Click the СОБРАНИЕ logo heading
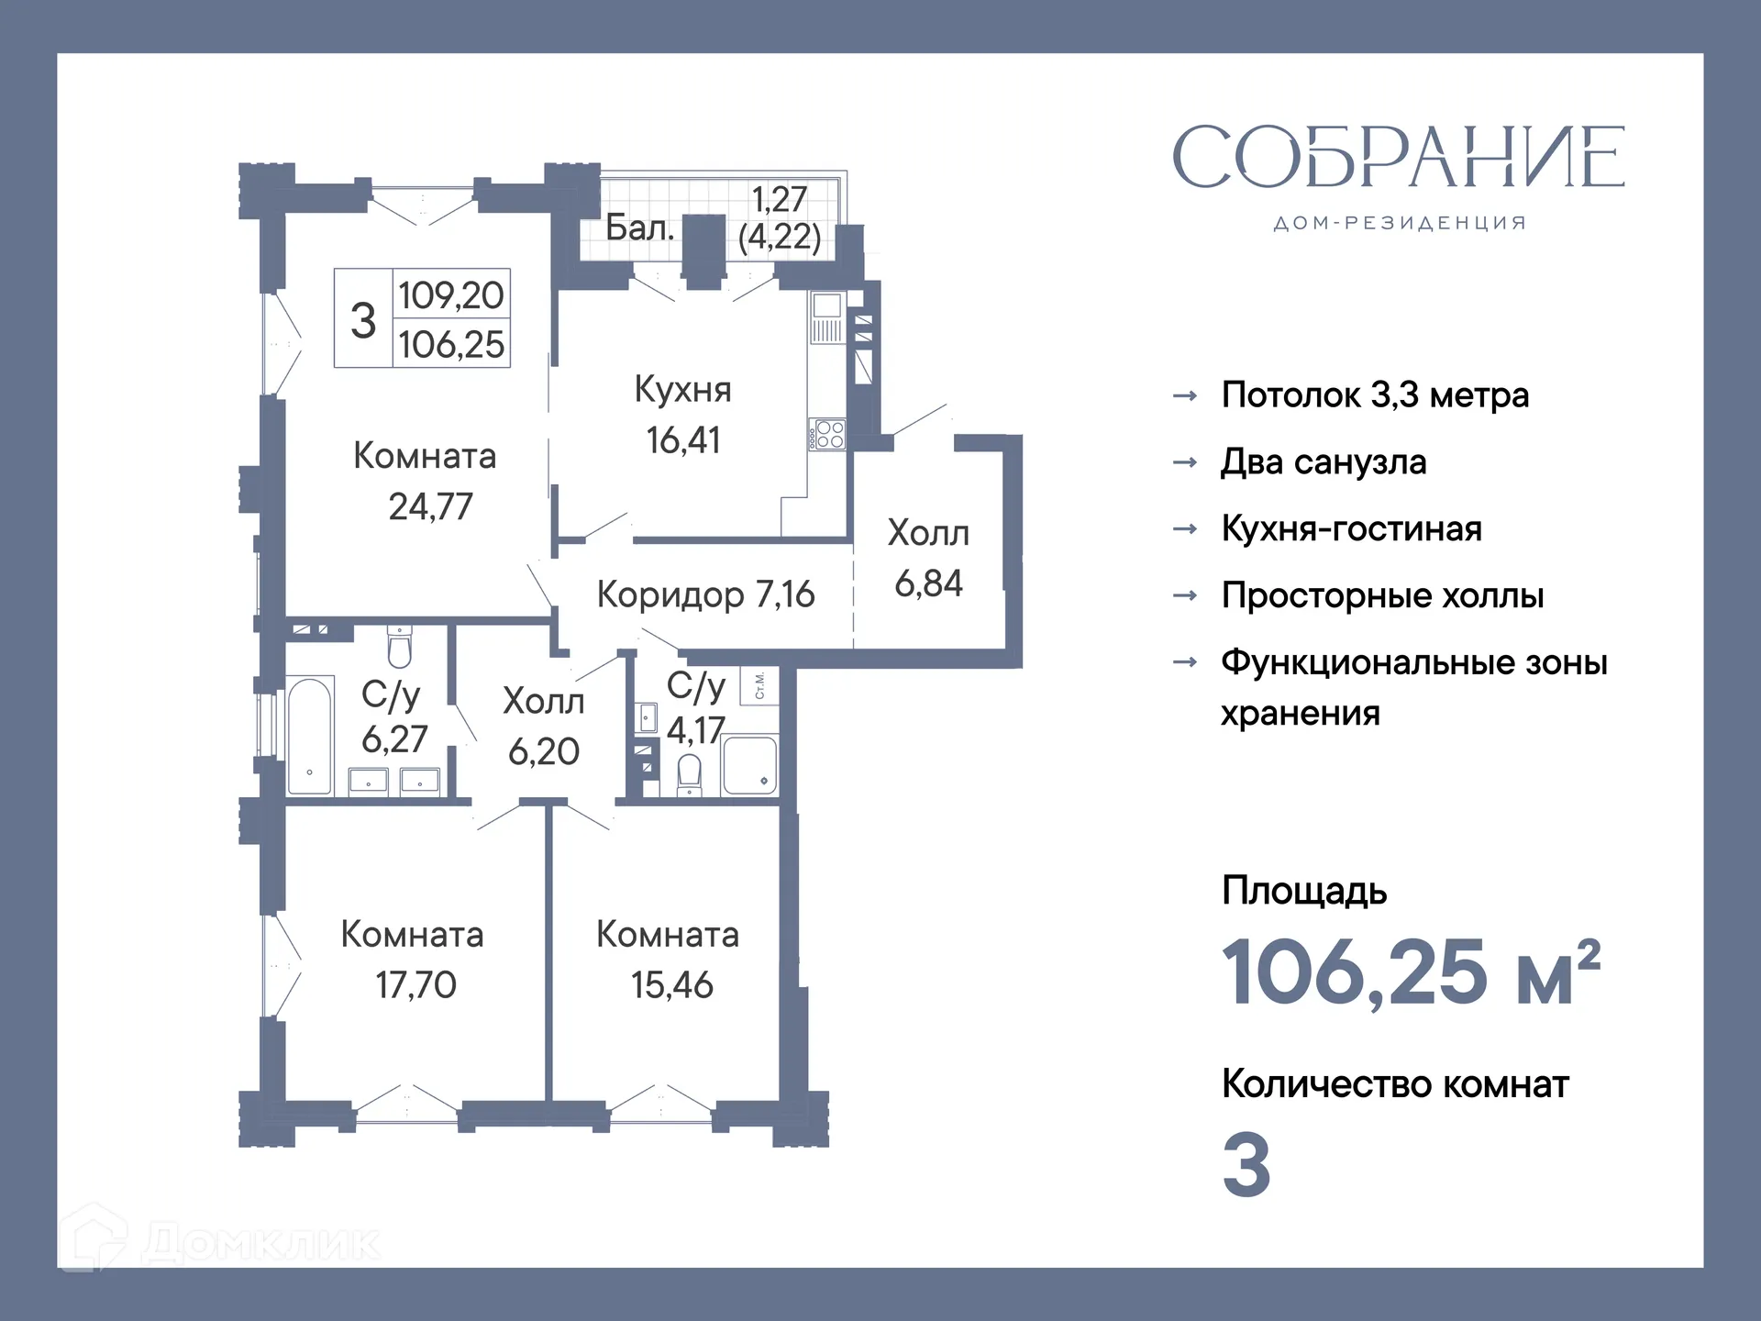coord(1398,158)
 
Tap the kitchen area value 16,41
coord(683,440)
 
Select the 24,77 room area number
coord(430,506)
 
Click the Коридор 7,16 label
coord(704,594)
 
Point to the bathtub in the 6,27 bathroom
coord(310,736)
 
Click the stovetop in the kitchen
coord(828,435)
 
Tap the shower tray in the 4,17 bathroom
coord(749,764)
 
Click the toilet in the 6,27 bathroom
coord(399,646)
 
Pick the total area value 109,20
coord(450,295)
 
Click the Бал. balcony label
coord(639,228)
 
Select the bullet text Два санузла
coord(1323,461)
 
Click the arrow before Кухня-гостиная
coord(1185,529)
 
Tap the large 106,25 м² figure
coord(1410,972)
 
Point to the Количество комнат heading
coord(1394,1084)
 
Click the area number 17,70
coord(415,985)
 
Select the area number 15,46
coord(671,985)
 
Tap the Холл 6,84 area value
coord(928,583)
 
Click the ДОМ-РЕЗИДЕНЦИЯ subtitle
coord(1399,223)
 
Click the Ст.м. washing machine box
coord(759,685)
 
